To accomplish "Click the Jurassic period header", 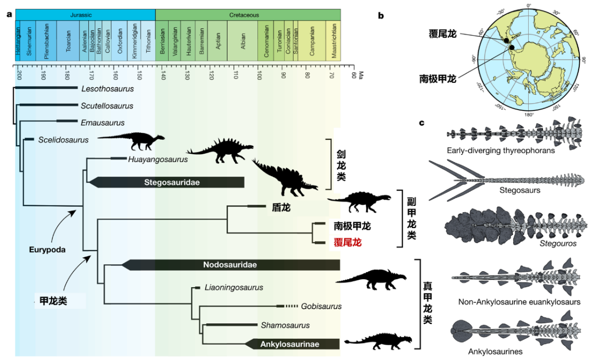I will (85, 14).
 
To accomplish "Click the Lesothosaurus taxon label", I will (107, 89).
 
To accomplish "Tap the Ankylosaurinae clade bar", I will (290, 344).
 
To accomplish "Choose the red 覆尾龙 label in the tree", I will (347, 242).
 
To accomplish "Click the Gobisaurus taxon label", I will (321, 306).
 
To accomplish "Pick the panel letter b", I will (381, 15).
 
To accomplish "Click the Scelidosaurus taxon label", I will (63, 140).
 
